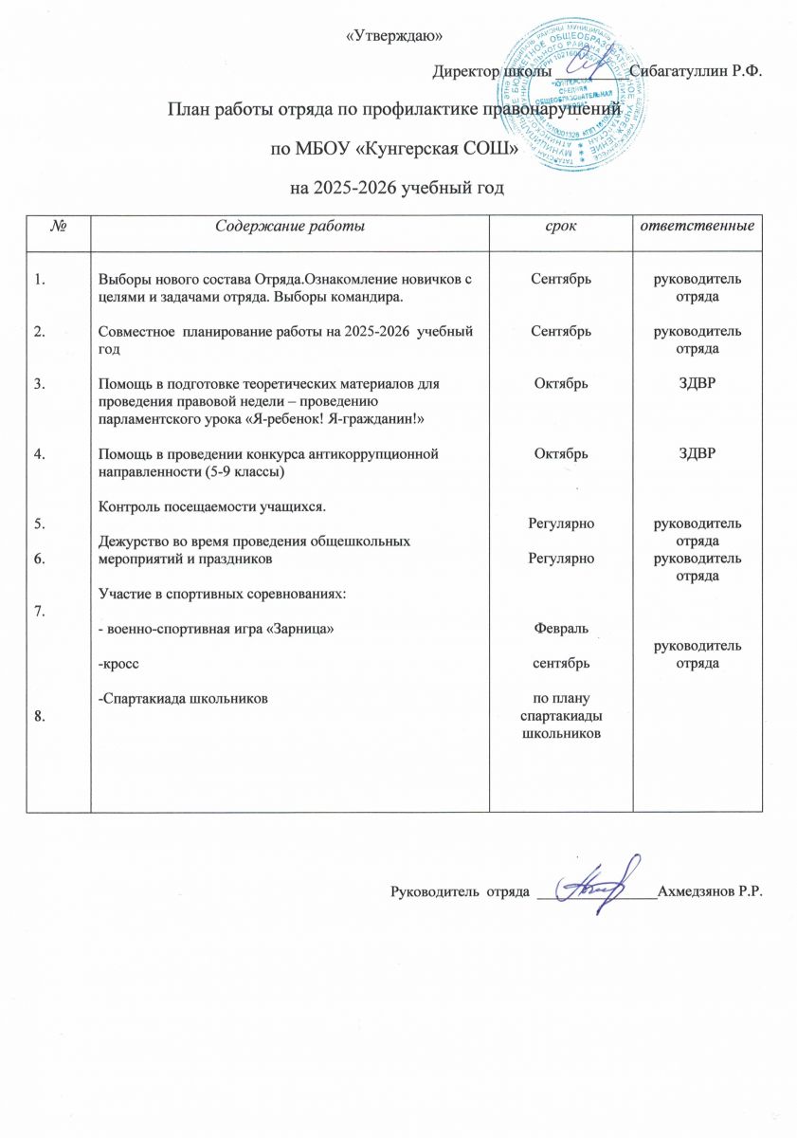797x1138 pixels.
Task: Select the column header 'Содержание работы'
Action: coord(289,227)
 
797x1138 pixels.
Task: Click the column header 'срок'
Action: coord(561,227)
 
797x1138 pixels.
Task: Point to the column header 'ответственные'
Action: coord(698,227)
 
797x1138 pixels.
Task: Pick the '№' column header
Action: coord(58,227)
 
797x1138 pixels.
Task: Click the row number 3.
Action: coord(40,383)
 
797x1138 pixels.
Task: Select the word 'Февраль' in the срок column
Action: coord(561,629)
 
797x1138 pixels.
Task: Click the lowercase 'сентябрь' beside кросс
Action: coord(561,663)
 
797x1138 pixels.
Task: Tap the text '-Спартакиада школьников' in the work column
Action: coord(182,698)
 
